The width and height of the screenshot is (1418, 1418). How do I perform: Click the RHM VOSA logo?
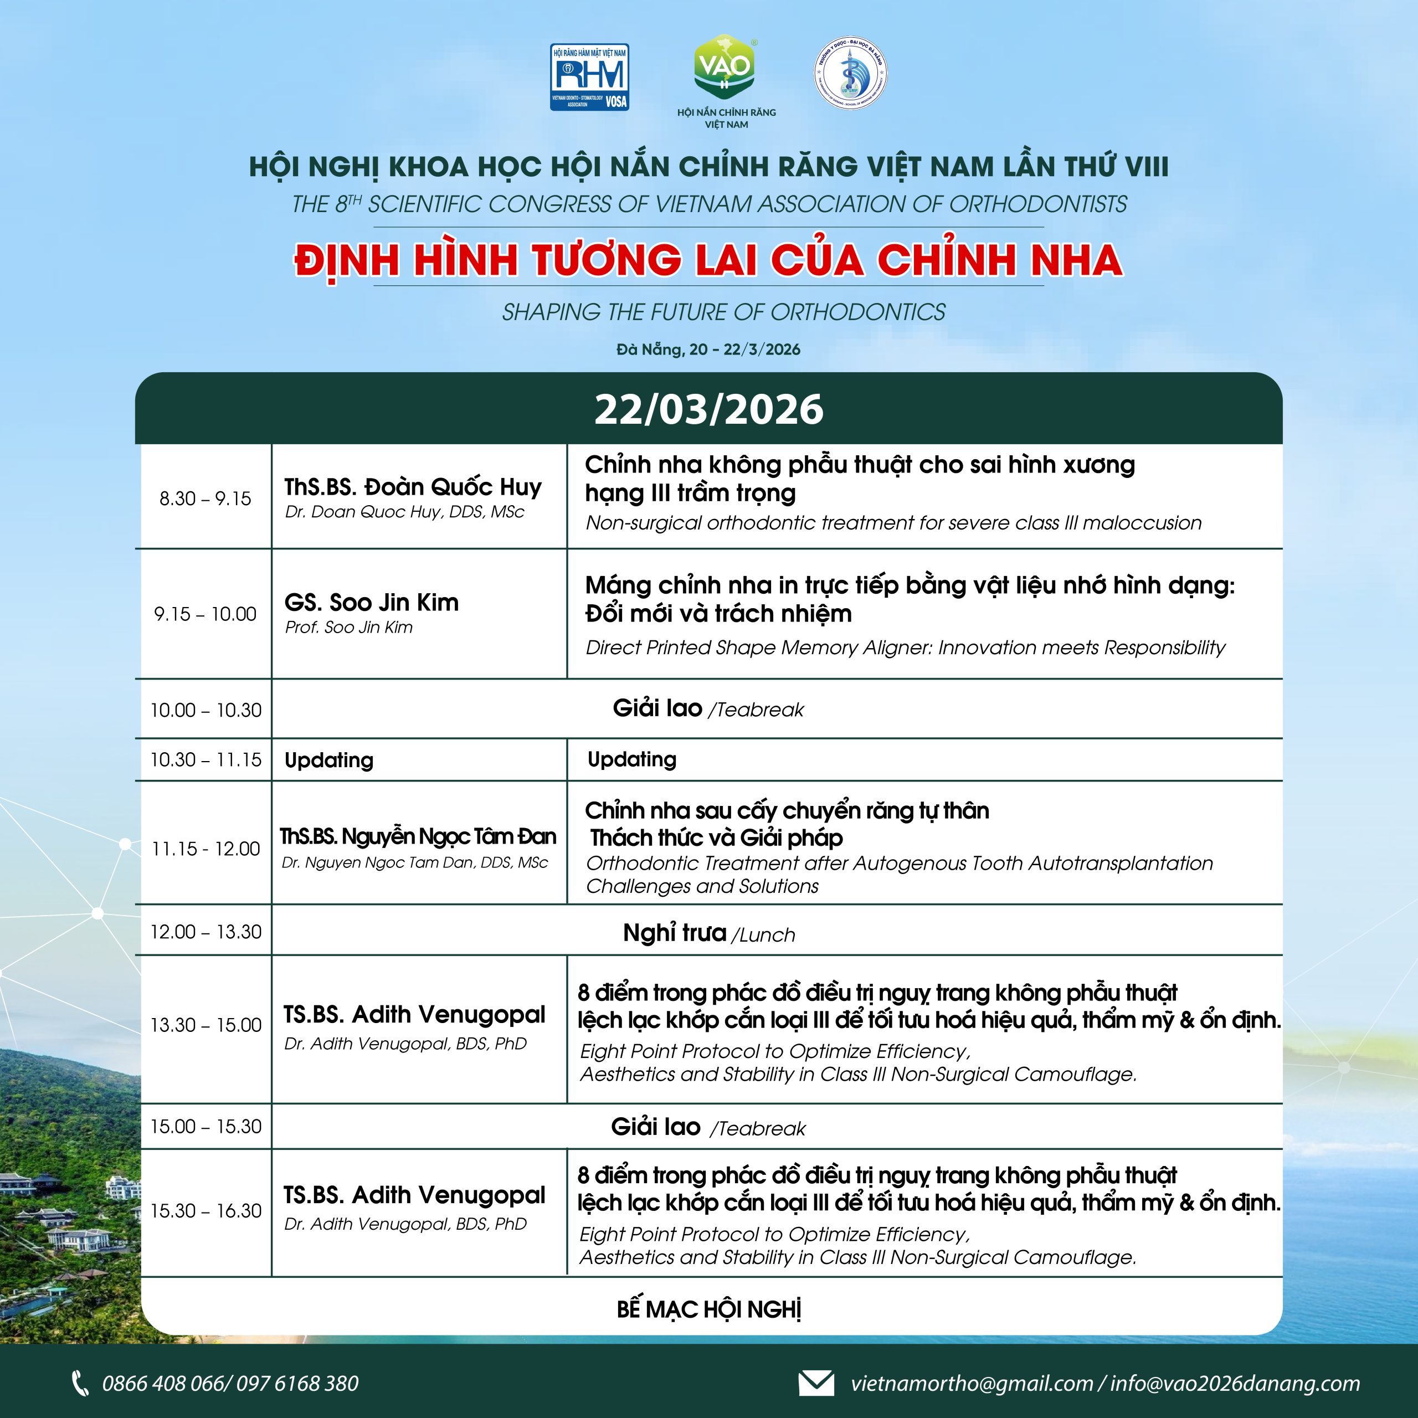coord(589,77)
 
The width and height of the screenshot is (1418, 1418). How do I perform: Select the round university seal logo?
coord(851,74)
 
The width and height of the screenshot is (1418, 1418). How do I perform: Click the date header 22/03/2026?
coord(708,409)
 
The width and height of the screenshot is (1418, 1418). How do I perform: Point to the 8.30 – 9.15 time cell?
coord(205,499)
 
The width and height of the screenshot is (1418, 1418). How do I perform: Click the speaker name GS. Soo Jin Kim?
coord(371,603)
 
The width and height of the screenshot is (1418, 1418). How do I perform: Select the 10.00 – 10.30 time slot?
coord(205,710)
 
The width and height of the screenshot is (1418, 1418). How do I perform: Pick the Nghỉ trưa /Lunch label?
coord(708,933)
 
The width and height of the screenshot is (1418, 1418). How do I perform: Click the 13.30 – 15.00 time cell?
coord(205,1025)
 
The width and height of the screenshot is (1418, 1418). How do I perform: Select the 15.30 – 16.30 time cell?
coord(205,1210)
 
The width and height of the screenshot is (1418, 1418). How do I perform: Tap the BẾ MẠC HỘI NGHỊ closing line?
coord(708,1309)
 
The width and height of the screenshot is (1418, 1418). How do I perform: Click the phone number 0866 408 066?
coord(166,1384)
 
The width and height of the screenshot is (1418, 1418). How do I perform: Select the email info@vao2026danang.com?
coord(1235,1384)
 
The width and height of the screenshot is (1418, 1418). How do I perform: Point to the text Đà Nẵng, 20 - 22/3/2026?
coord(708,350)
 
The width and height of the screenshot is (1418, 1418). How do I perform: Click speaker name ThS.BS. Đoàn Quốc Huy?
coord(413,487)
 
